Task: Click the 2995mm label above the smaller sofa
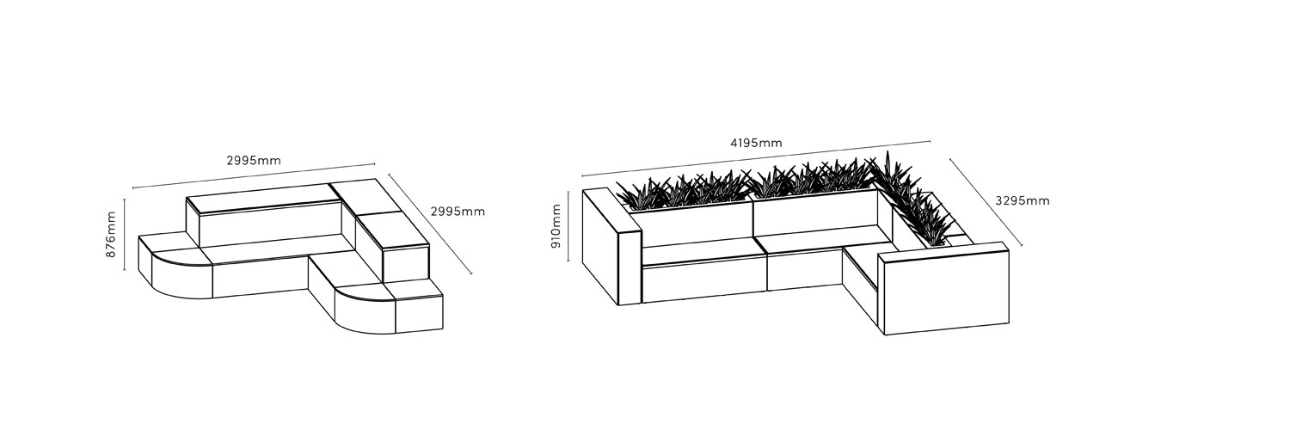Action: [x=254, y=161]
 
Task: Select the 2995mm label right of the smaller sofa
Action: [x=458, y=212]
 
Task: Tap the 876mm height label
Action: [x=111, y=234]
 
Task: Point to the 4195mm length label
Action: [x=756, y=143]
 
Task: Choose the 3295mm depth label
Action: [x=1023, y=200]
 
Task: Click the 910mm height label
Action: [x=556, y=225]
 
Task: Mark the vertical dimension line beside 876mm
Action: [x=125, y=234]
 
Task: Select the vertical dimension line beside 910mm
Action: [x=568, y=225]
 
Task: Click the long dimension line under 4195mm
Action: [x=756, y=157]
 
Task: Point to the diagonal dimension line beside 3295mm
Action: [x=986, y=203]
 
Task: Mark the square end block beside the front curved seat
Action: [x=420, y=307]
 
